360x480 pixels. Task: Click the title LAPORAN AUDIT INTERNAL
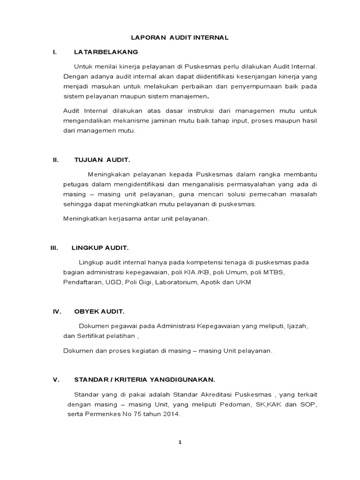click(x=180, y=37)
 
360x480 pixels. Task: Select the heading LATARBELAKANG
click(x=106, y=52)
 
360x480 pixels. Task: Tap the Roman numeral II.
click(x=55, y=160)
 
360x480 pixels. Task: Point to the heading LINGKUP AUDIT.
click(x=99, y=247)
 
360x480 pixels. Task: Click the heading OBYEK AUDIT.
click(x=99, y=311)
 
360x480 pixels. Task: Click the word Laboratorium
click(x=176, y=283)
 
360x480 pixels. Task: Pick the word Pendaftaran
click(x=82, y=283)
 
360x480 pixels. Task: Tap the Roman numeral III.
click(x=54, y=247)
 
